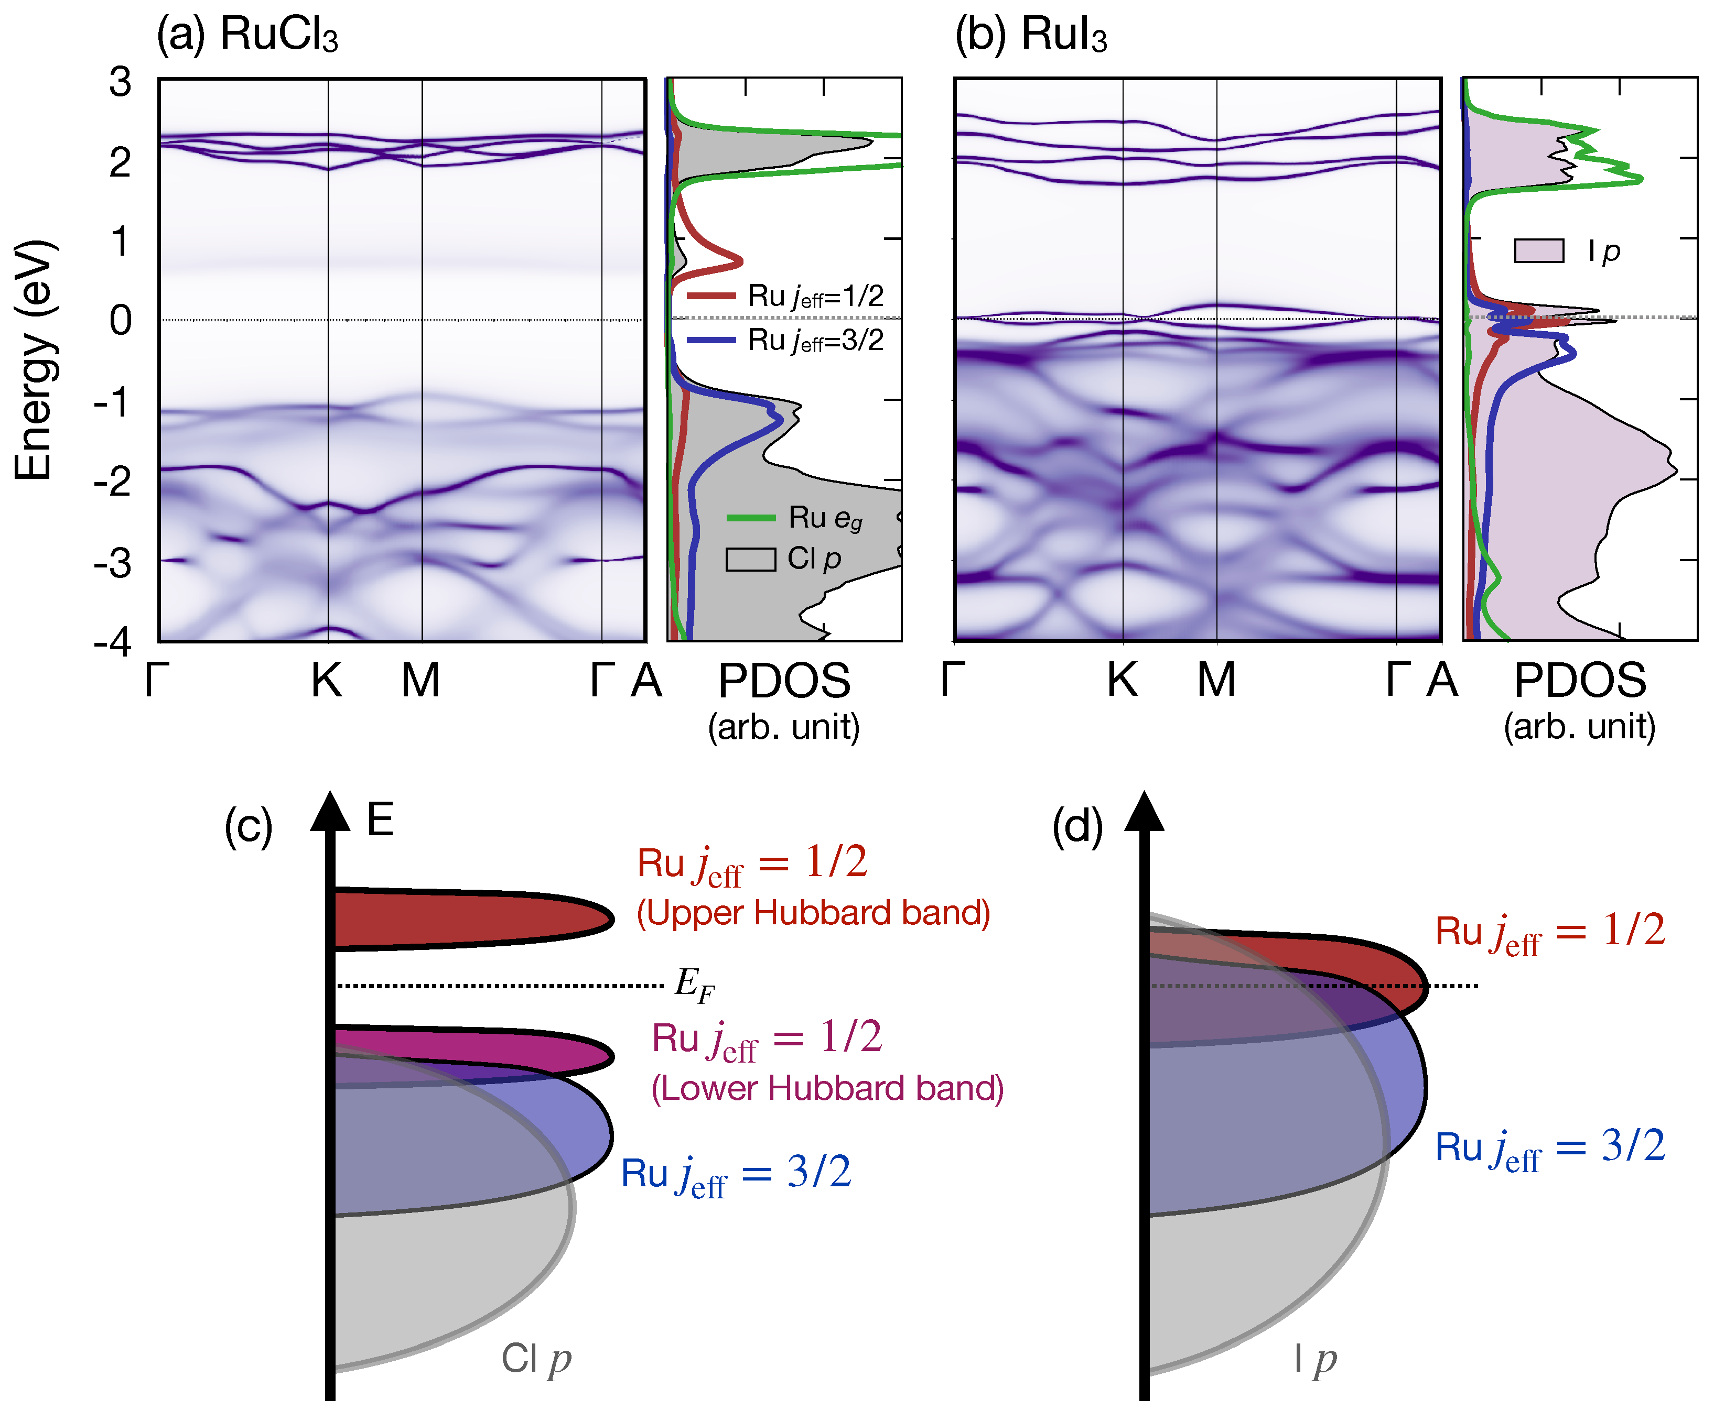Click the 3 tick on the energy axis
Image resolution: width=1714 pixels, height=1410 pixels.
tap(120, 81)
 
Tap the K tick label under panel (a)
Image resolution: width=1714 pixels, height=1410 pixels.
tap(327, 680)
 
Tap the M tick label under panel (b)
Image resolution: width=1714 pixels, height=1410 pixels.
tap(1216, 680)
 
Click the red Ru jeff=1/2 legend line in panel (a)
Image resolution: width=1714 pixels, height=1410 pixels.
tap(711, 296)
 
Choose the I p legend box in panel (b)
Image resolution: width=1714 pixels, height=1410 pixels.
tap(1538, 251)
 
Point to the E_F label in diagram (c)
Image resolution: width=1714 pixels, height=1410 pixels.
tap(695, 985)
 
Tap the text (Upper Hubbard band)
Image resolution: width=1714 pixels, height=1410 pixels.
tap(813, 913)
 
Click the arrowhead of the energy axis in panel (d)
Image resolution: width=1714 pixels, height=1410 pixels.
tap(1144, 812)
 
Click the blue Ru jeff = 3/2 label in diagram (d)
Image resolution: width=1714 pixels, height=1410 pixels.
tap(1550, 1147)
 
